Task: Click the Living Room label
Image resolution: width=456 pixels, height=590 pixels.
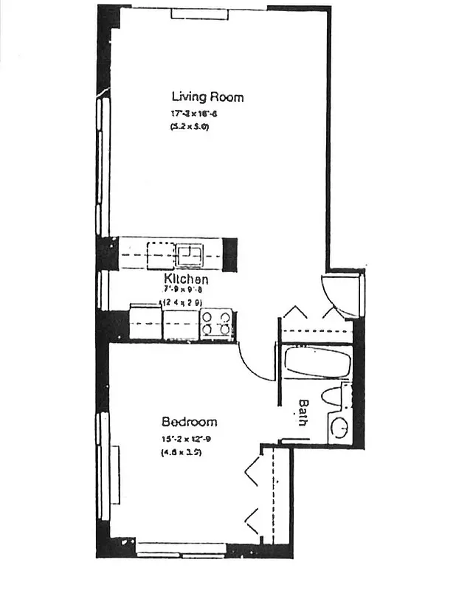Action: pos(207,97)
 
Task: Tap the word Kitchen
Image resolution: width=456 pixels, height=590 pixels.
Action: pos(185,280)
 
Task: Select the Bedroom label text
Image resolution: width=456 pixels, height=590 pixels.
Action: pos(190,423)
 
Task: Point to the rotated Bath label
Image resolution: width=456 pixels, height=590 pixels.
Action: pos(303,412)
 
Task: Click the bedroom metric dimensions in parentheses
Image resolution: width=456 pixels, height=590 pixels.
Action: pos(182,452)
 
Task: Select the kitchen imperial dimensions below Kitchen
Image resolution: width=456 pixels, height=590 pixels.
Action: pos(183,291)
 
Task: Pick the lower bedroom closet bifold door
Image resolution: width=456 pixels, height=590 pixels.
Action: pos(254,521)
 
